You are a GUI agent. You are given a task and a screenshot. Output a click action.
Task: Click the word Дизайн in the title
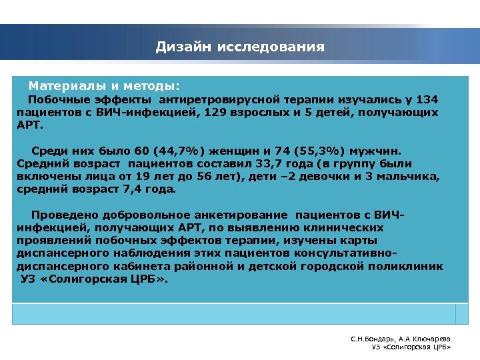[182, 47]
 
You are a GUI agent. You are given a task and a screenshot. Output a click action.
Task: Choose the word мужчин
[385, 151]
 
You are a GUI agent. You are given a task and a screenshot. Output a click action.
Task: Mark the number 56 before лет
[309, 176]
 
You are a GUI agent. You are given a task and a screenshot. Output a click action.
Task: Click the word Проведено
[63, 215]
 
